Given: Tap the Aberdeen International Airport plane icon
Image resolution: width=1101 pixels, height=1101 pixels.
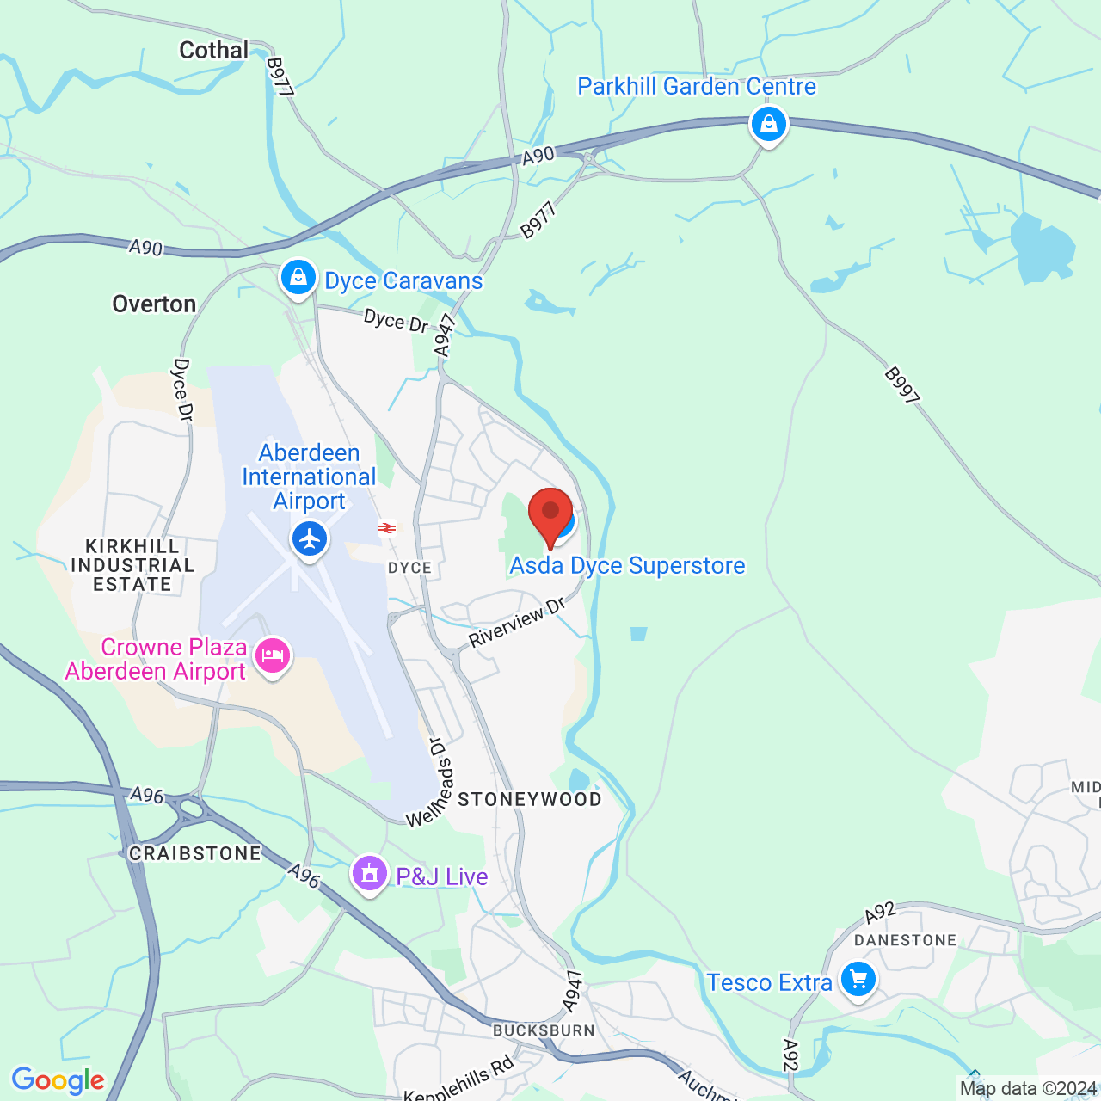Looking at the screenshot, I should tap(310, 539).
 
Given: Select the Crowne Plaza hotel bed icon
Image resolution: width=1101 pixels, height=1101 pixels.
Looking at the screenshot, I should tap(273, 656).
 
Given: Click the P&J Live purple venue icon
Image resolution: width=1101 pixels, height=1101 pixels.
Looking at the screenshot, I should tap(370, 874).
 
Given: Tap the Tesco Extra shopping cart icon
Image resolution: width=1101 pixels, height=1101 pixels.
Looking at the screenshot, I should tap(858, 979).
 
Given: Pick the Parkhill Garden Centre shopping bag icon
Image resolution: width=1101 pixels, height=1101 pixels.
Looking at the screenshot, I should tap(768, 125).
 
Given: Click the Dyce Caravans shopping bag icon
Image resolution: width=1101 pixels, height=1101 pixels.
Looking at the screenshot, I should tap(298, 278).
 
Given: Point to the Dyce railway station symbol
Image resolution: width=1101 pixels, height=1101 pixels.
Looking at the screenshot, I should tap(387, 528).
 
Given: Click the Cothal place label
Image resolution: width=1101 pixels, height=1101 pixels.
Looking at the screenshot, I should tap(213, 51).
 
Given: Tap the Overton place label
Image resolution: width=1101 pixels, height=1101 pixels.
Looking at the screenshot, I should tap(154, 304).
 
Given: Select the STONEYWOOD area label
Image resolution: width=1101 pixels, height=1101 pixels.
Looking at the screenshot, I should tap(529, 800).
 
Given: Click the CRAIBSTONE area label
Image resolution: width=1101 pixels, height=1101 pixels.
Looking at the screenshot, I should tap(194, 853).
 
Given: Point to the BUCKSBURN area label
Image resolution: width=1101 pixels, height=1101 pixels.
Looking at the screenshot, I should tap(544, 1030).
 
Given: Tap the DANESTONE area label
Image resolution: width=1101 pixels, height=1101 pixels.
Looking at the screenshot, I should tap(905, 940).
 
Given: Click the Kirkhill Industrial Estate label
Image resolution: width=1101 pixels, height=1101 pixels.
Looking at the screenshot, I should tap(132, 565).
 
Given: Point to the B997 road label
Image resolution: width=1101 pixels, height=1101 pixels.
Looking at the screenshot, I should tap(902, 385).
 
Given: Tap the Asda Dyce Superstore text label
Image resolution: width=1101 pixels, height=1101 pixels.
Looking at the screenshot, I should tap(627, 566).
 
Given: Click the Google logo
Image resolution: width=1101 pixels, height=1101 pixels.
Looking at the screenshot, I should tap(58, 1080).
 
